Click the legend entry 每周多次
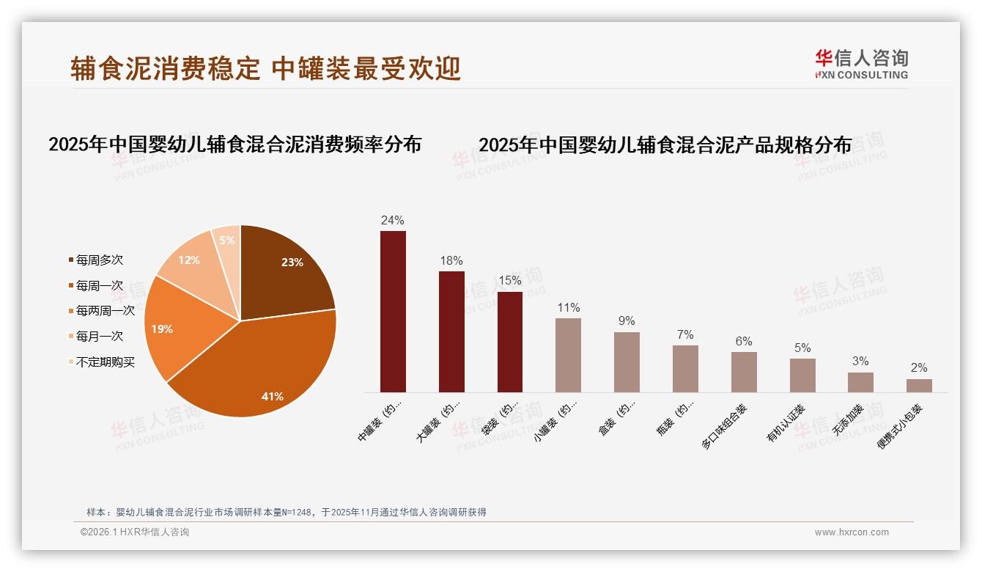coord(100,260)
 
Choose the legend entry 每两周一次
coord(106,311)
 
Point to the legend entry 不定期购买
coord(106,362)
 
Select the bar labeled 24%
coord(393,312)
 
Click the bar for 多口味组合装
coord(744,372)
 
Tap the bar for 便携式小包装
coord(919,385)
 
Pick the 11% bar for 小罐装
coord(568,355)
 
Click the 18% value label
coord(451,261)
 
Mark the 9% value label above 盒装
coord(627,321)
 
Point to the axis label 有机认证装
coord(786,423)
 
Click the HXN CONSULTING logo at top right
coord(862,65)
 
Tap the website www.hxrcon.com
coord(852,532)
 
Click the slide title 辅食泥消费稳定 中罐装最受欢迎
coord(266,68)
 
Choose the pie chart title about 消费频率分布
coord(235,144)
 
